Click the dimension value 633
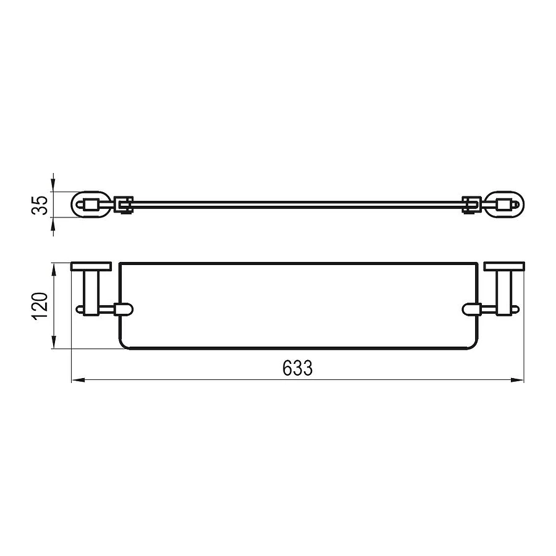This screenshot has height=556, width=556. [298, 369]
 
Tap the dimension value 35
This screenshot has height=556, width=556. [40, 204]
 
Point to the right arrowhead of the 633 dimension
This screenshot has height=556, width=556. [518, 381]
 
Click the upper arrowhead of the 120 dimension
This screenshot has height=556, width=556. [55, 268]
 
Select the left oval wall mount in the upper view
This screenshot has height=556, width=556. [91, 204]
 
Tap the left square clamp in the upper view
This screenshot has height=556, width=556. [122, 204]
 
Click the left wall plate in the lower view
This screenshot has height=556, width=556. [91, 267]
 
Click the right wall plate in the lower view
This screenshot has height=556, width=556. [505, 267]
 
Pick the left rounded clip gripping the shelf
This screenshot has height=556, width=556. [122, 308]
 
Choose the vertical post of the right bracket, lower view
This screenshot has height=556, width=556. [505, 290]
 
